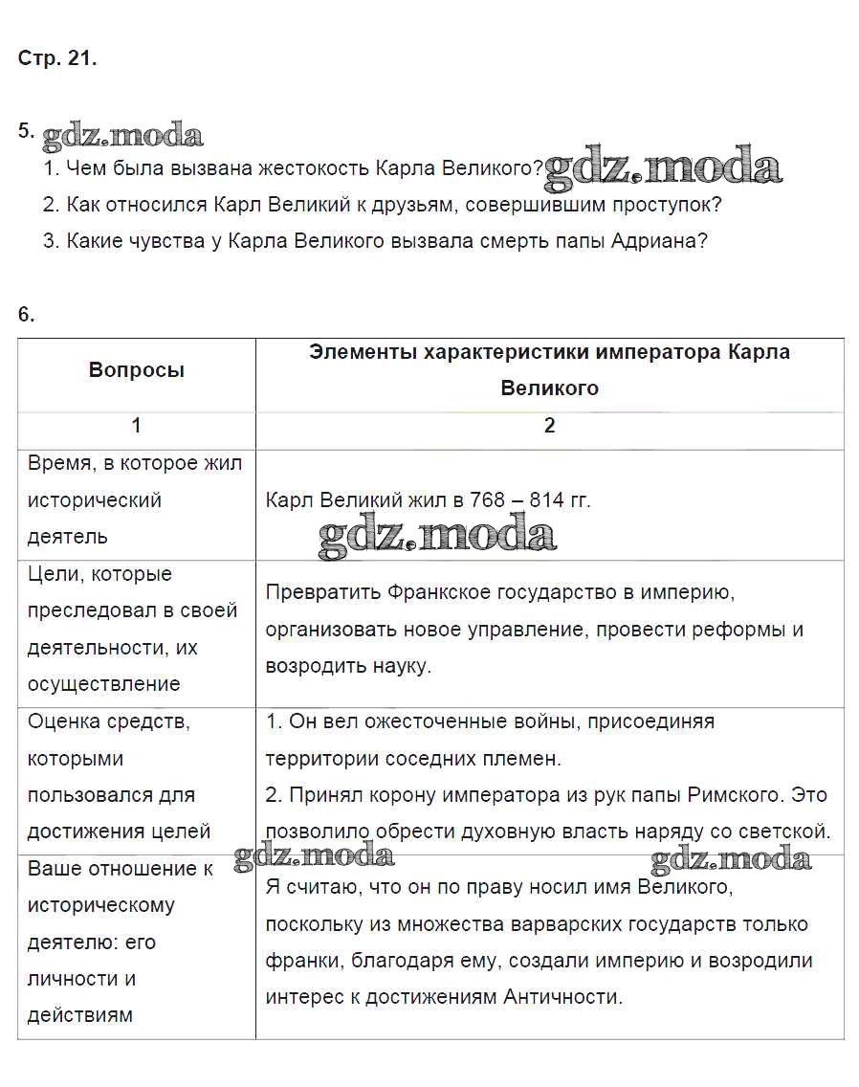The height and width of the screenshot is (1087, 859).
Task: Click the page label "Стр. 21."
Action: [x=57, y=58]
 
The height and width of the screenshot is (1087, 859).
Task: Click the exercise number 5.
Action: [x=26, y=132]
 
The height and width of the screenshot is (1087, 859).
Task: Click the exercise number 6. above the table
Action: [x=26, y=314]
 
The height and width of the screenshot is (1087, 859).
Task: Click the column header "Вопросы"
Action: [x=137, y=370]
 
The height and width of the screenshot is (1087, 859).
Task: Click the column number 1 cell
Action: [x=137, y=426]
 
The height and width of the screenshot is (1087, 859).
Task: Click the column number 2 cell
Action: [x=549, y=426]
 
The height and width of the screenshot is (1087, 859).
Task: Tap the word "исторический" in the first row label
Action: [x=95, y=500]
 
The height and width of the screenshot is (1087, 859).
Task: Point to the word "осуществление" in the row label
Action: [x=103, y=684]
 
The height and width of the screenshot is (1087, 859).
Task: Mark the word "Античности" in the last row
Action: [x=563, y=997]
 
